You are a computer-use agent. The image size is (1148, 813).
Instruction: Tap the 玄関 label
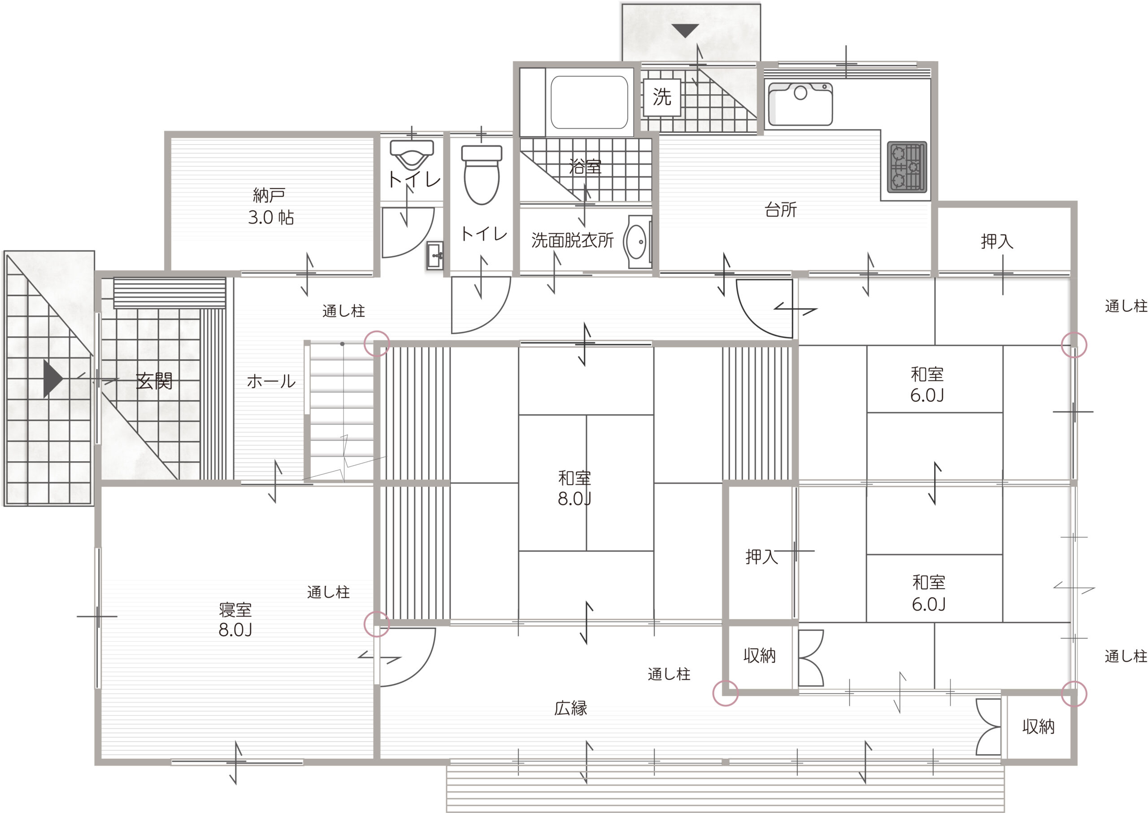pos(155,381)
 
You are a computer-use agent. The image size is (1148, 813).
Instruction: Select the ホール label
pos(271,381)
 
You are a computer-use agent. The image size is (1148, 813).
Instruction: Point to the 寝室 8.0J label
pos(235,620)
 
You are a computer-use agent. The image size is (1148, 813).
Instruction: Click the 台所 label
pos(781,209)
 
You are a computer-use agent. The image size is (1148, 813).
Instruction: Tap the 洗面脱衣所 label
pos(572,240)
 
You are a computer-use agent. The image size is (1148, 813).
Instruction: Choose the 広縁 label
pos(571,708)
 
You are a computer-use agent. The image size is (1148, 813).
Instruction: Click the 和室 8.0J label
pos(575,489)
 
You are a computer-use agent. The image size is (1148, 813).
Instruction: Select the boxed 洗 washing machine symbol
pos(662,97)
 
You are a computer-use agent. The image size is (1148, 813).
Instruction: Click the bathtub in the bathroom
pos(589,103)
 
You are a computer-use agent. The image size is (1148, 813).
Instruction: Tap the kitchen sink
pos(800,104)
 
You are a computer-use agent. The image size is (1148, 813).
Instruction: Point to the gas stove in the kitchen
pos(907,167)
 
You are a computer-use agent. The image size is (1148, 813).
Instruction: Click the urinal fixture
pos(412,155)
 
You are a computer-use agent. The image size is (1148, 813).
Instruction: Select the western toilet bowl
pos(482,175)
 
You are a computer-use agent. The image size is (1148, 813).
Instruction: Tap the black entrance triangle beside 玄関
pos(53,379)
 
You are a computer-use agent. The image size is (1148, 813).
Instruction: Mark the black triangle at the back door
pos(685,31)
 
